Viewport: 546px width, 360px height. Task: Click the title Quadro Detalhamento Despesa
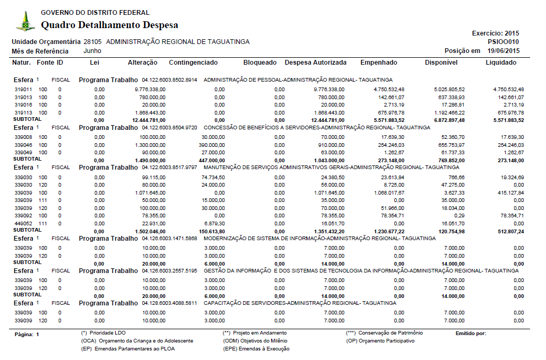pos(109,25)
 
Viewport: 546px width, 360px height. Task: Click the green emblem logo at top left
pos(25,21)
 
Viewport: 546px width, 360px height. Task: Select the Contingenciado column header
pos(193,63)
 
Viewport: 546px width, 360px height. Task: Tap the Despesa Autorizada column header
pos(316,63)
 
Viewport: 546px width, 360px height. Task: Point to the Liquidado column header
pos(501,63)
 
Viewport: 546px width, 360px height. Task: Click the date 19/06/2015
pos(504,51)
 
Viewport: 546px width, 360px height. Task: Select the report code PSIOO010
pos(504,42)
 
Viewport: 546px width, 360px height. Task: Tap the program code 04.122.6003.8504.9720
pos(170,128)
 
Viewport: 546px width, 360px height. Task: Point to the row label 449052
pos(23,224)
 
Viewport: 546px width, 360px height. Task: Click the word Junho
pos(92,51)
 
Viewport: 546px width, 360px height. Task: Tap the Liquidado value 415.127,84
pos(508,192)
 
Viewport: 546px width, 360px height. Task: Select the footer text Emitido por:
pos(471,333)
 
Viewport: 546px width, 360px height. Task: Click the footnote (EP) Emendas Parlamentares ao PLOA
pos(128,349)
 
